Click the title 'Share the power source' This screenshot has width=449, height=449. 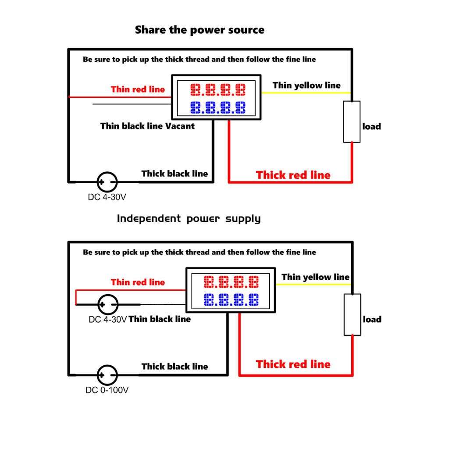pos(200,30)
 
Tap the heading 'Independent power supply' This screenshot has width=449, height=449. pos(189,218)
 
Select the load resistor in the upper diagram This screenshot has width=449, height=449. pos(352,121)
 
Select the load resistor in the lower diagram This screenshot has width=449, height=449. pos(352,314)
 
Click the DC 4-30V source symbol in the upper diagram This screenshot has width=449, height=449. pos(107,181)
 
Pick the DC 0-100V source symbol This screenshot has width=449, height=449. pos(107,375)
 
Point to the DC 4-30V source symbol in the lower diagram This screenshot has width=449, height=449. pos(107,304)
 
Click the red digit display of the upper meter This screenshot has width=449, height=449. pos(217,90)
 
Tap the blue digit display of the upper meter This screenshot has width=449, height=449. pos(217,107)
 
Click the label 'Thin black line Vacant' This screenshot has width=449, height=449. pos(147,126)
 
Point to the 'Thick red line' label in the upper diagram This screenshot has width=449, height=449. pos(293,175)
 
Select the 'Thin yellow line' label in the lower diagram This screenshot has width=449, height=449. pos(315,277)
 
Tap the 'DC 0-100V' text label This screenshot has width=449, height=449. pos(107,390)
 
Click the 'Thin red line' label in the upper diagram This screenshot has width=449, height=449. pos(138,89)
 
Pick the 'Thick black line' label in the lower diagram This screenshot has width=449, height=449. pos(175,367)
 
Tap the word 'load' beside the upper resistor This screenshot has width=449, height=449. pos(371,126)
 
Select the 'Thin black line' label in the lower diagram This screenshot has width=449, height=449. pos(160,319)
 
